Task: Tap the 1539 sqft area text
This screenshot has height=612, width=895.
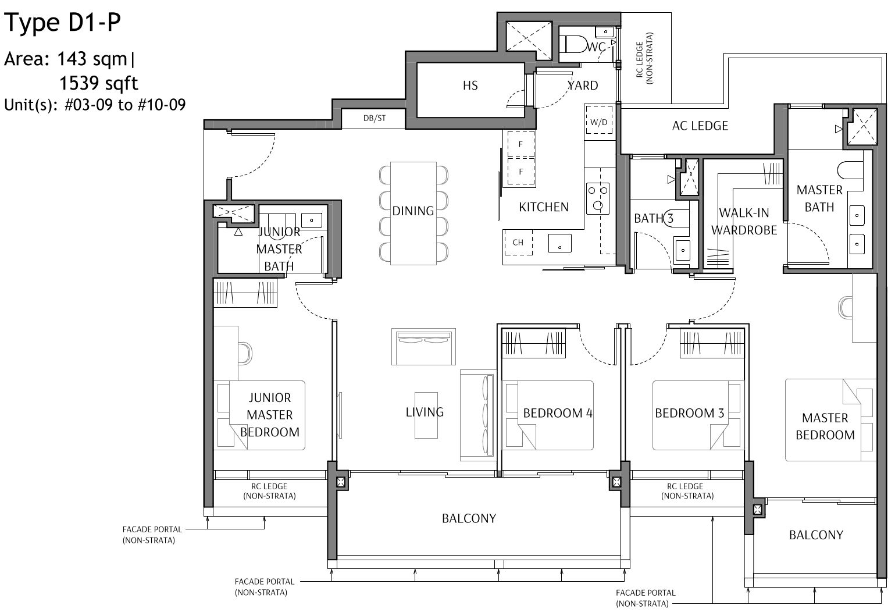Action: click(x=99, y=83)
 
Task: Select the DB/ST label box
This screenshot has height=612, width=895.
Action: click(x=374, y=118)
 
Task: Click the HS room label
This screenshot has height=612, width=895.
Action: click(x=470, y=86)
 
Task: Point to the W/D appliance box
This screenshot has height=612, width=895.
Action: click(x=598, y=122)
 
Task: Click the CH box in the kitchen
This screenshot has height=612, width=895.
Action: click(x=518, y=242)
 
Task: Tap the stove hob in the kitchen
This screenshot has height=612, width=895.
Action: click(x=597, y=197)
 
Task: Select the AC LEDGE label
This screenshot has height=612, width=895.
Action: click(x=700, y=126)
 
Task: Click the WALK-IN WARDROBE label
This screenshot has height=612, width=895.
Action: click(x=744, y=221)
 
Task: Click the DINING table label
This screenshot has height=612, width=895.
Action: click(x=413, y=211)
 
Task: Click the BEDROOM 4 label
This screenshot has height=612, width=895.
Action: click(x=557, y=413)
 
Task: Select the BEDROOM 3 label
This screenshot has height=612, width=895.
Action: click(x=689, y=413)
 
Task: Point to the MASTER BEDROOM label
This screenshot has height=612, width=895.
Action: click(x=825, y=426)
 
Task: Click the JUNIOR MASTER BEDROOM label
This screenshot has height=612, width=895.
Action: click(x=269, y=415)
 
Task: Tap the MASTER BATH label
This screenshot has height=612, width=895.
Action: click(x=819, y=198)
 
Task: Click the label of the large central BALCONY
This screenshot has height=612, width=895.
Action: click(x=469, y=518)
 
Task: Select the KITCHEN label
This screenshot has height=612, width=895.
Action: click(x=543, y=207)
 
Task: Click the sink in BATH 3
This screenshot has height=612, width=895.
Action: click(x=682, y=249)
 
